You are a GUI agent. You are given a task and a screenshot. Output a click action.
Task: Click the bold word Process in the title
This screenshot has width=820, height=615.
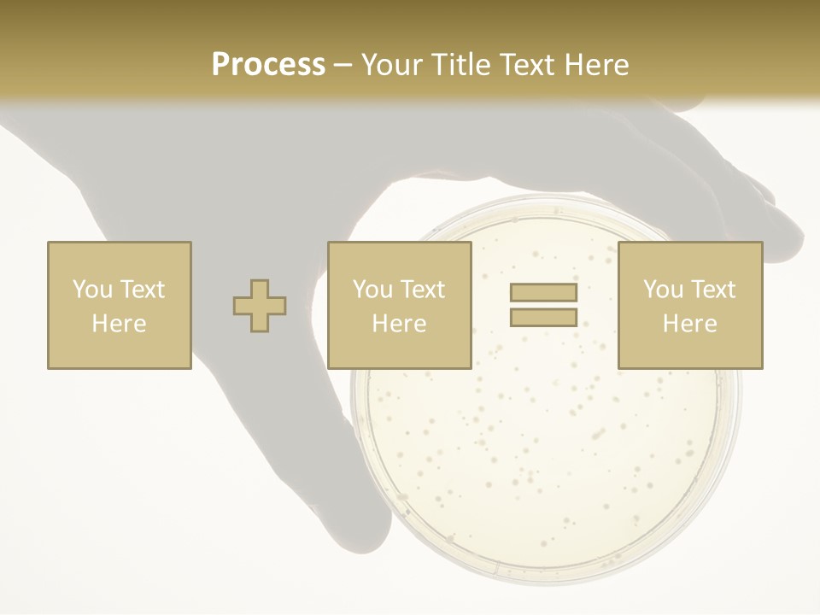click(268, 65)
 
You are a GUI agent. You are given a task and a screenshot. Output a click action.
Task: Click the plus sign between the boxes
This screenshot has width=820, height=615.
click(260, 306)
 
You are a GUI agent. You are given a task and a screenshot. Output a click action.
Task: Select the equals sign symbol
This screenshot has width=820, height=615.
click(543, 305)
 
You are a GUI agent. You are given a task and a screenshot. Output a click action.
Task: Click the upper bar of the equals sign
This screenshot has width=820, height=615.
click(543, 293)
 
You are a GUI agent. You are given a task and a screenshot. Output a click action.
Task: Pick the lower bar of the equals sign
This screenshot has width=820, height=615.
click(543, 317)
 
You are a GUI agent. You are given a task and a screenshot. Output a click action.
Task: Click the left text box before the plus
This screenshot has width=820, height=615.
click(120, 305)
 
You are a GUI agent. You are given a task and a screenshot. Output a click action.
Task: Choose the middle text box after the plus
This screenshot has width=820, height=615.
click(400, 305)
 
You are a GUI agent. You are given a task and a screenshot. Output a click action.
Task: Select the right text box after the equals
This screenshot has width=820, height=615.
click(690, 305)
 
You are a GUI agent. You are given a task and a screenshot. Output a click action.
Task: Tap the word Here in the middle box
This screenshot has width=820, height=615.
click(400, 324)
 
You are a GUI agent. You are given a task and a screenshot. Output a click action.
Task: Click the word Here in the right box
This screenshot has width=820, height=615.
click(690, 324)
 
